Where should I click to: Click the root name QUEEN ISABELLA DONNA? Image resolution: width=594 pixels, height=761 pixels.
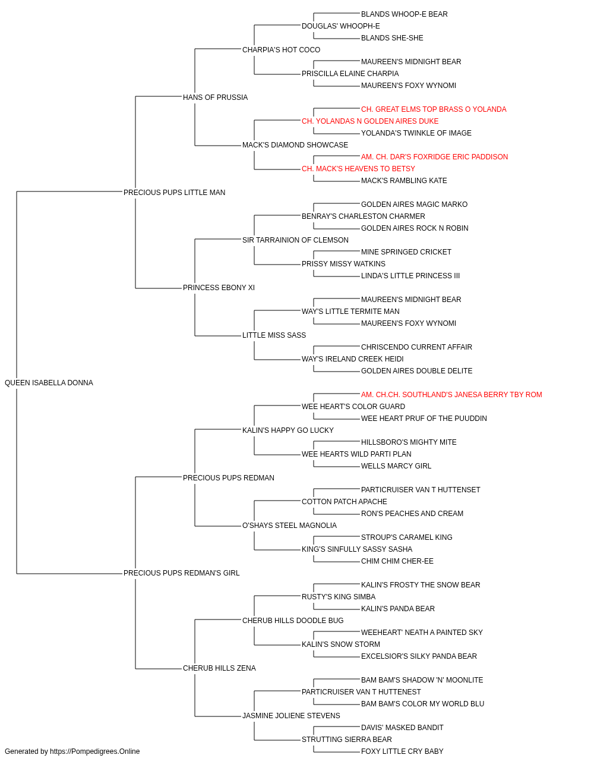[49, 383]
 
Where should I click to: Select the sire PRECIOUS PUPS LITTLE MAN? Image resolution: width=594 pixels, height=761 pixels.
[174, 193]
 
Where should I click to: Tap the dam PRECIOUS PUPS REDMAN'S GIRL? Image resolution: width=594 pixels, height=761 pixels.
[181, 573]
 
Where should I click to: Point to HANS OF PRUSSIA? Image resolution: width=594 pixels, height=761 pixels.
[215, 98]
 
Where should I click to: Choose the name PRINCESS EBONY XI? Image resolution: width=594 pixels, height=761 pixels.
[219, 288]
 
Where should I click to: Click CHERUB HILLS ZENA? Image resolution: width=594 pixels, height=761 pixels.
[219, 668]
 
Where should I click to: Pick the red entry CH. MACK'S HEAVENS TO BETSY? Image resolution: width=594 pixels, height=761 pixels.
[358, 169]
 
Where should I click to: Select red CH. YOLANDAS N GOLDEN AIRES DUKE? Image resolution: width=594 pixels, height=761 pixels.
[370, 121]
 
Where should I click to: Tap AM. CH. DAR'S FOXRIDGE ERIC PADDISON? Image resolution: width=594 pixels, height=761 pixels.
[434, 157]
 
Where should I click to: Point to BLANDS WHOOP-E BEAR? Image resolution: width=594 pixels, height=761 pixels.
[405, 14]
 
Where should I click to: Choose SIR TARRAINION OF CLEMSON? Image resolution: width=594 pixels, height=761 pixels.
[295, 240]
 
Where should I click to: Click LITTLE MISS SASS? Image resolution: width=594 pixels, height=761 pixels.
[274, 335]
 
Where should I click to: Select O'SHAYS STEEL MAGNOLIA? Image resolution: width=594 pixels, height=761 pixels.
[289, 526]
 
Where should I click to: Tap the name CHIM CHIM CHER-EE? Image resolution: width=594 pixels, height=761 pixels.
[397, 561]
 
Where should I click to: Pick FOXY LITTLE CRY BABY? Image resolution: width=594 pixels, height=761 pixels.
[402, 751]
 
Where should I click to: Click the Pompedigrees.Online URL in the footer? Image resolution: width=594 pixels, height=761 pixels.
[94, 751]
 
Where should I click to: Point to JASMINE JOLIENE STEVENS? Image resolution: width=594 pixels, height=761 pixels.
[291, 715]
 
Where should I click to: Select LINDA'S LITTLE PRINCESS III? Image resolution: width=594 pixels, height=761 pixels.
[410, 276]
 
